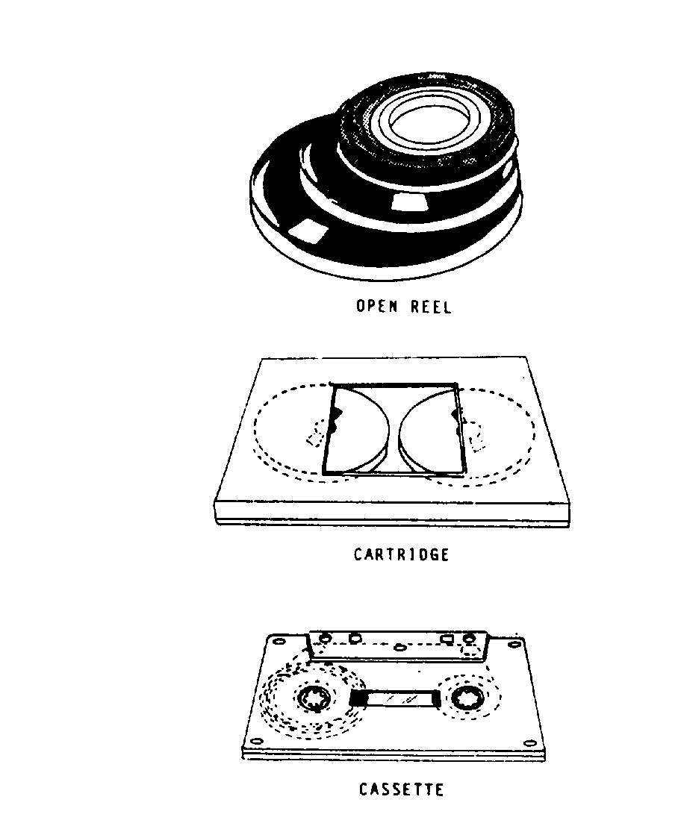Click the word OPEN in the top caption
(376, 306)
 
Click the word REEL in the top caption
(431, 307)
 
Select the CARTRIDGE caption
(401, 554)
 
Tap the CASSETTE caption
(401, 789)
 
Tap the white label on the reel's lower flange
(307, 231)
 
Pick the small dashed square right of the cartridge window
(476, 437)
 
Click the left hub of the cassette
(314, 699)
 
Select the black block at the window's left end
(358, 698)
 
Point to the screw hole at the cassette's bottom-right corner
(529, 743)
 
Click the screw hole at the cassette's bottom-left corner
(257, 741)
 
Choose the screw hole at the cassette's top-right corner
(514, 644)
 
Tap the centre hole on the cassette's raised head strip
(400, 647)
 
